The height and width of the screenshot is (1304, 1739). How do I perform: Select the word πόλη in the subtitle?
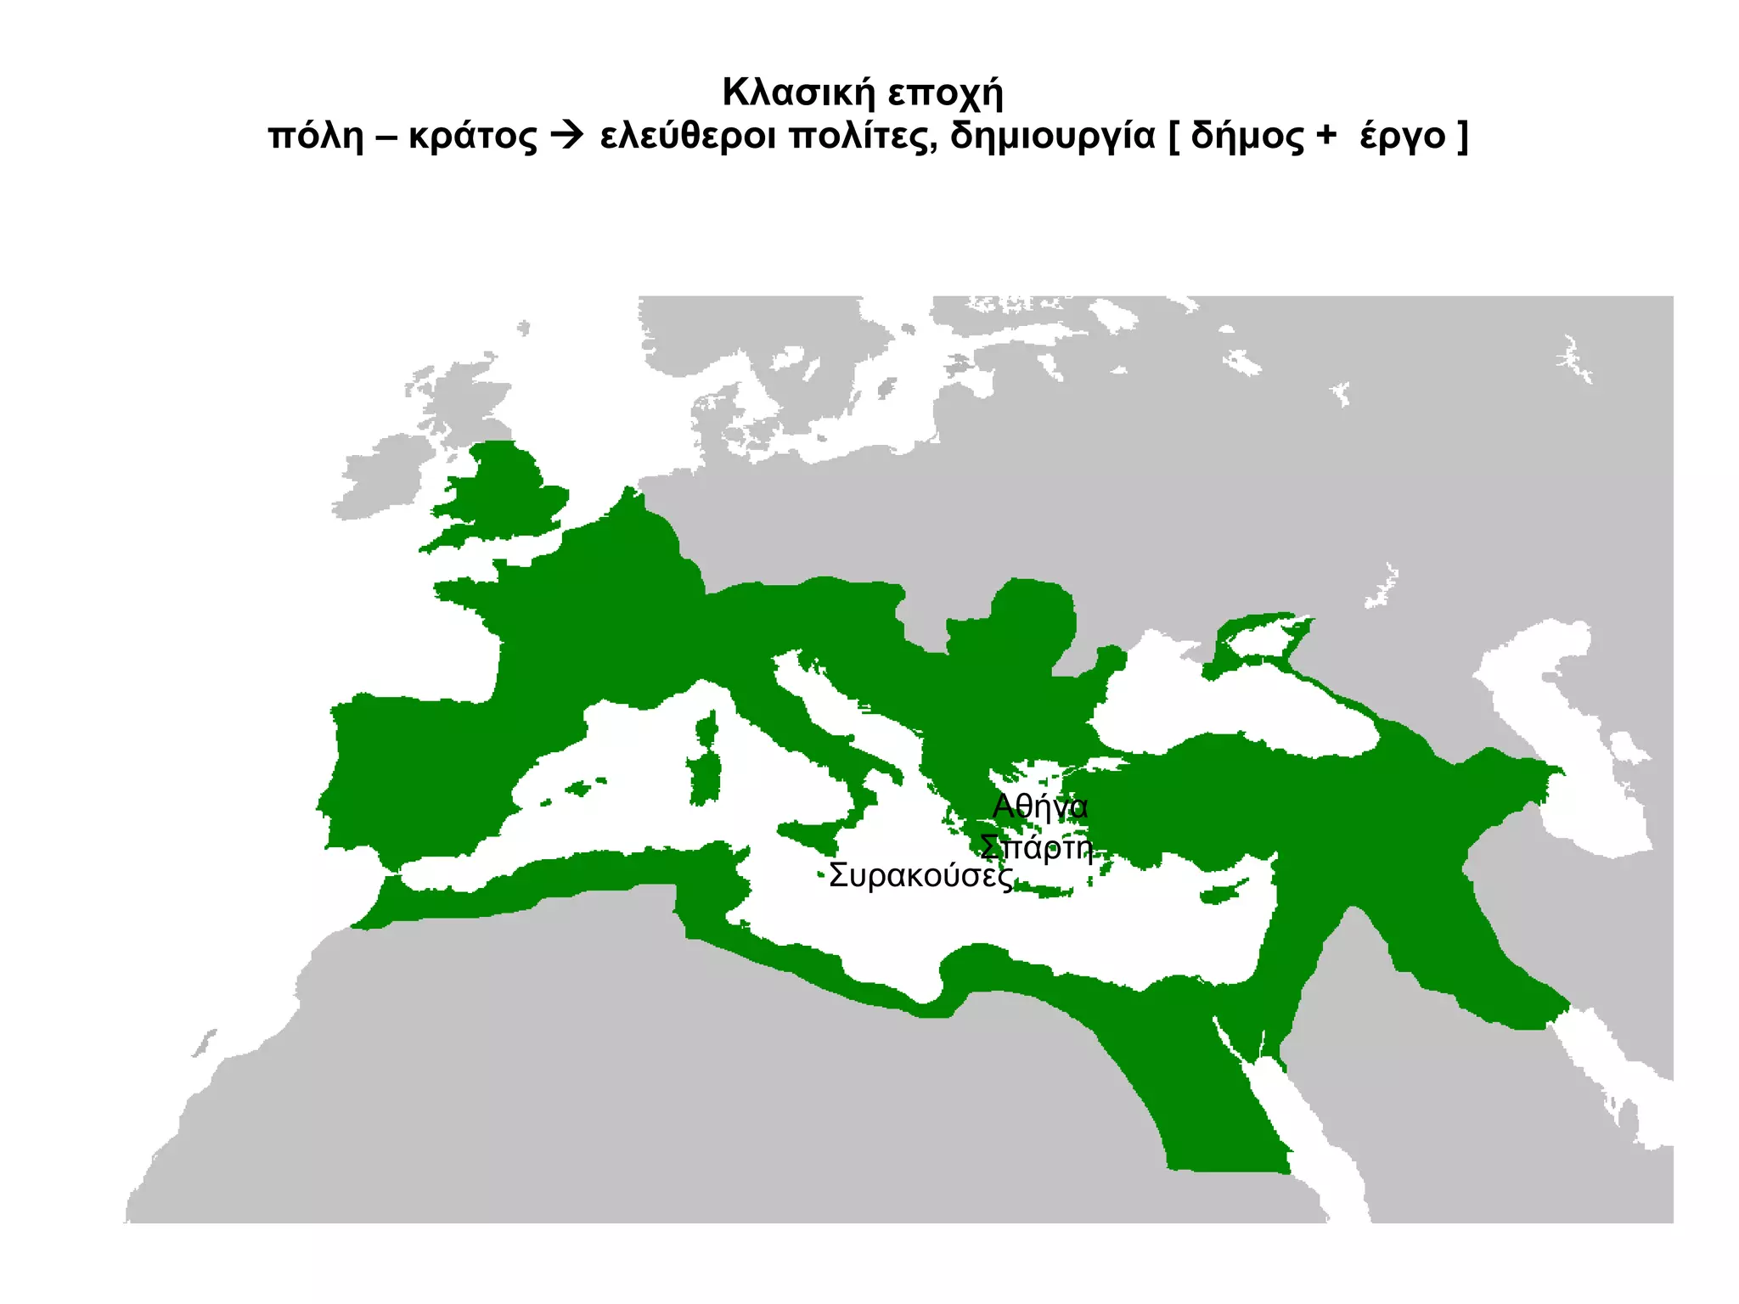[315, 136]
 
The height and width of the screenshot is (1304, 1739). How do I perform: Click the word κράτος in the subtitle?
[473, 137]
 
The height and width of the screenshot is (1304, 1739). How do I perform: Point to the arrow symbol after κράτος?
[567, 135]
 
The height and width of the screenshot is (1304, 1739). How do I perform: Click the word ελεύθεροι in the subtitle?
[687, 136]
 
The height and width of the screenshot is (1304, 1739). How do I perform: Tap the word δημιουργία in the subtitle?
[1052, 137]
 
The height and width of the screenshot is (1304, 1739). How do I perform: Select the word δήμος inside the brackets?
[1247, 137]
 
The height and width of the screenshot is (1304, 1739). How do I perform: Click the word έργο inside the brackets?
[1402, 137]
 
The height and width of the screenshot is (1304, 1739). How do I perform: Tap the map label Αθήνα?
[1039, 806]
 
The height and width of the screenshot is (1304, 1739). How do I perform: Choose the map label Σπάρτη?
[1036, 846]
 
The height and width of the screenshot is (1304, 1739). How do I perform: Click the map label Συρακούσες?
[920, 875]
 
